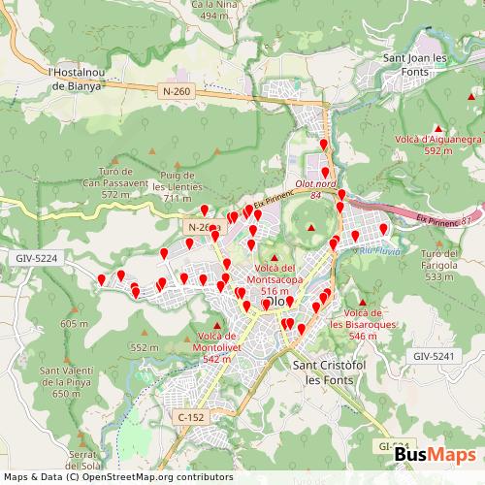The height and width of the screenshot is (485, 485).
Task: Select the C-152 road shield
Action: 190,416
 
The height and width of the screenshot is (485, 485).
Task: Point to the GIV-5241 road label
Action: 434,357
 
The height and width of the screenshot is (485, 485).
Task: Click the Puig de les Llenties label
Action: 178,186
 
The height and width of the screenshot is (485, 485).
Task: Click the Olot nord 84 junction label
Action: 314,189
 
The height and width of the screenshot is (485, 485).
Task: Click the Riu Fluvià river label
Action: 374,248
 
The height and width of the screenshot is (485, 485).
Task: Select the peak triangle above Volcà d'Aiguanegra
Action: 438,129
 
